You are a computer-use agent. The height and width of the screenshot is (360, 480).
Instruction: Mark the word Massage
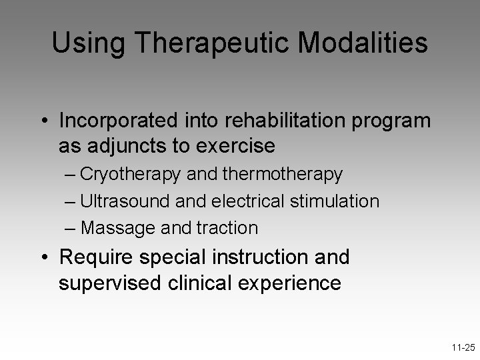pos(119,228)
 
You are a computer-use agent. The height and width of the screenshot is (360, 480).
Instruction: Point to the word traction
pos(227,228)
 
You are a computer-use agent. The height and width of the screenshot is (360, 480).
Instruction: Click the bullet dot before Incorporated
pos(43,121)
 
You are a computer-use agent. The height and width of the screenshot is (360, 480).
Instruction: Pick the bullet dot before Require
pos(43,257)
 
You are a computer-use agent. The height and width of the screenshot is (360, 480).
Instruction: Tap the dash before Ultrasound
pos(71,201)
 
